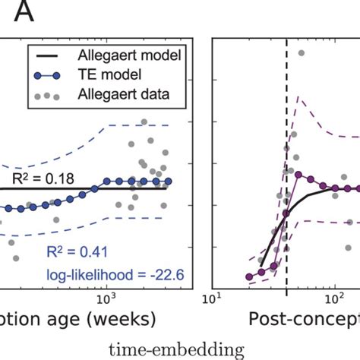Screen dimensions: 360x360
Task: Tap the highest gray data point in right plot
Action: point(302,52)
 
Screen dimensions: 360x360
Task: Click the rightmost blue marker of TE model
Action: point(169,182)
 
